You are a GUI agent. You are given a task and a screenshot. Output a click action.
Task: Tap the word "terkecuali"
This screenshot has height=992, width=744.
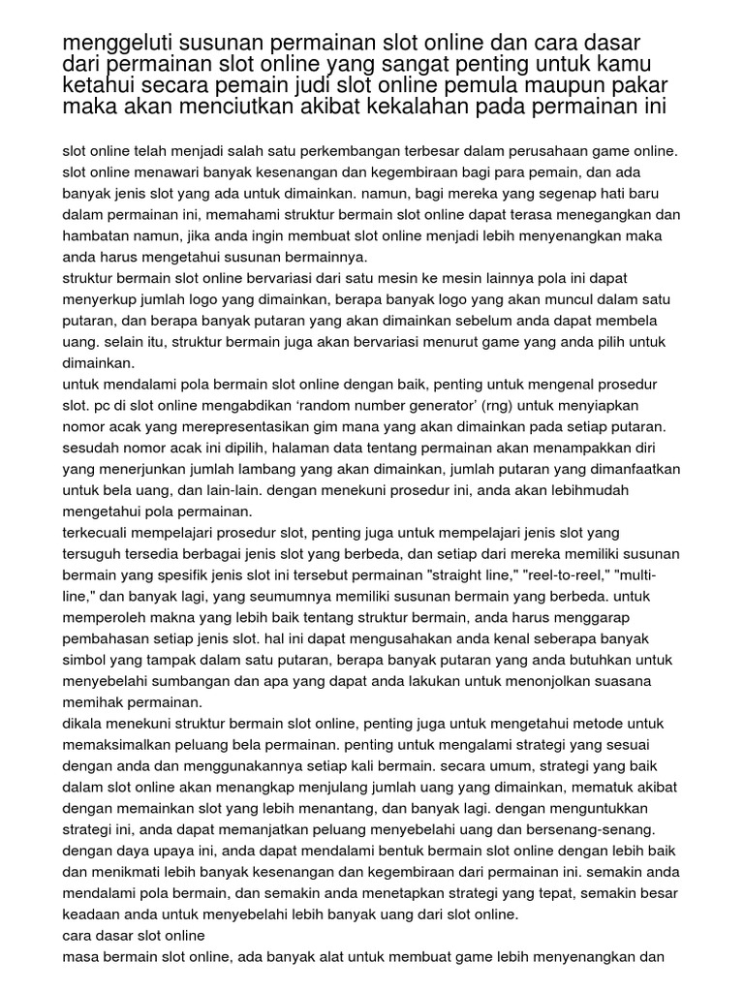point(98,534)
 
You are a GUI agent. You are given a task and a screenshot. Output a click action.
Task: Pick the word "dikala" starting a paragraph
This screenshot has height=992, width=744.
point(83,726)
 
